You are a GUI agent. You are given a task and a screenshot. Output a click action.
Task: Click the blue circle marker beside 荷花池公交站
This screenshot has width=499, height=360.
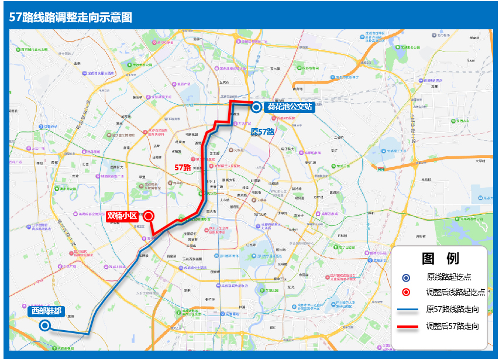256,107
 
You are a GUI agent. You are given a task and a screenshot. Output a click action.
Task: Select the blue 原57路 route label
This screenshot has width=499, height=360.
263,132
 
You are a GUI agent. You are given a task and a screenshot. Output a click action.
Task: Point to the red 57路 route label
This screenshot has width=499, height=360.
183,167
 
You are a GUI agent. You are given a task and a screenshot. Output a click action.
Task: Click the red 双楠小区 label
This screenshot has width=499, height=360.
122,216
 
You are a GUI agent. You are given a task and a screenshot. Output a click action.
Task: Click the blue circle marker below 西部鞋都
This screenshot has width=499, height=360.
44,325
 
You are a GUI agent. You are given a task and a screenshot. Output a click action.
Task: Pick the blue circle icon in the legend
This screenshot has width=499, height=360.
406,277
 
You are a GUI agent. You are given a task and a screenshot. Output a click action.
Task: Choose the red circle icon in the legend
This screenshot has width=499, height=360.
406,293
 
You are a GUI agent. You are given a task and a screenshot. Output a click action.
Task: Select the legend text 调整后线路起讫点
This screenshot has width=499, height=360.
456,293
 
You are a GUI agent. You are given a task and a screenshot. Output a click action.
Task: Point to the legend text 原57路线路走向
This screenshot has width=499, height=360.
453,309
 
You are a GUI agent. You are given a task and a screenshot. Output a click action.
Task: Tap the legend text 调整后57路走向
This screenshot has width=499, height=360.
453,326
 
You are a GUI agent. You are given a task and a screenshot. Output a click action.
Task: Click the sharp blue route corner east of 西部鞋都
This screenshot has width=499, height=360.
88,334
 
